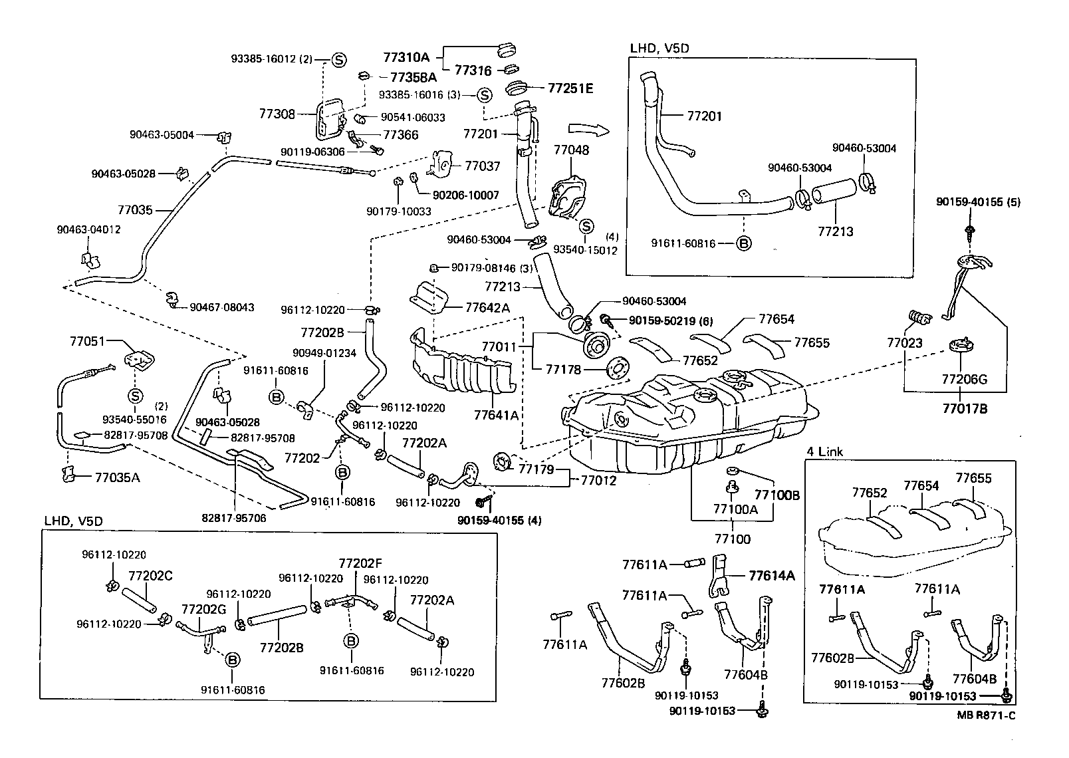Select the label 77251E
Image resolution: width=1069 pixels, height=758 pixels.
tap(570, 88)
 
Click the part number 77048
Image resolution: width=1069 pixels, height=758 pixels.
tap(571, 150)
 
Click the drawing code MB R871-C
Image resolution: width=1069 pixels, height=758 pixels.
tap(987, 715)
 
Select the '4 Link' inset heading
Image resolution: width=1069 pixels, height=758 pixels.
tap(824, 451)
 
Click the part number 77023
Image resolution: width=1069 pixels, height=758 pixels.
tap(904, 343)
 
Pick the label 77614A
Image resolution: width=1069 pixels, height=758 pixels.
tap(772, 575)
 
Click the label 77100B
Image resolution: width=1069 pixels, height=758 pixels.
tap(776, 495)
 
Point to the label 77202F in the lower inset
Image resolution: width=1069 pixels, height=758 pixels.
tap(360, 563)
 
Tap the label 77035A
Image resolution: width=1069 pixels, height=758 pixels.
tap(117, 477)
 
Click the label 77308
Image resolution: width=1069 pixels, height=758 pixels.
tap(277, 114)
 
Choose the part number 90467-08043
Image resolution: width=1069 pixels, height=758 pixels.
tap(221, 307)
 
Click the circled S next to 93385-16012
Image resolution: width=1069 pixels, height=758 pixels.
tap(338, 59)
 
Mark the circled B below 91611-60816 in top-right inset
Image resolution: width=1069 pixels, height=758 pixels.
tap(744, 243)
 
